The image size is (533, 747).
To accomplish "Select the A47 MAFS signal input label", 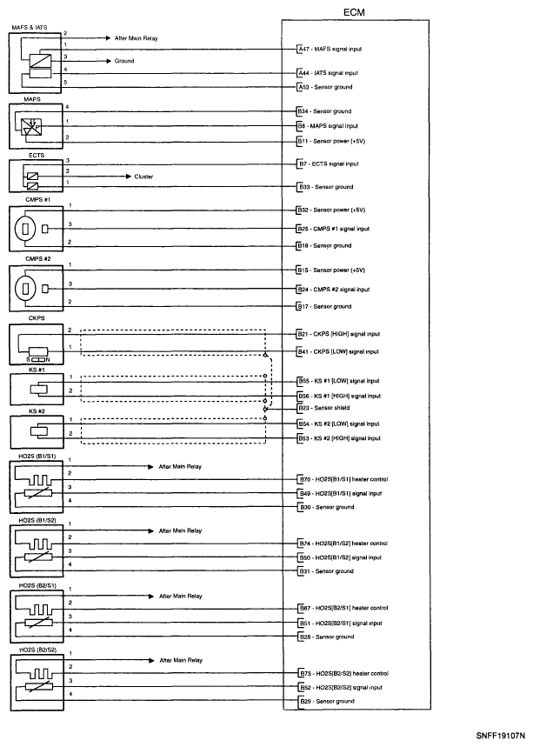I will [x=333, y=50].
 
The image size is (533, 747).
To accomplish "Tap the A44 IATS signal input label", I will [x=333, y=73].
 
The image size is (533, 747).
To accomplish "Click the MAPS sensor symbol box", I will [x=33, y=126].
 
